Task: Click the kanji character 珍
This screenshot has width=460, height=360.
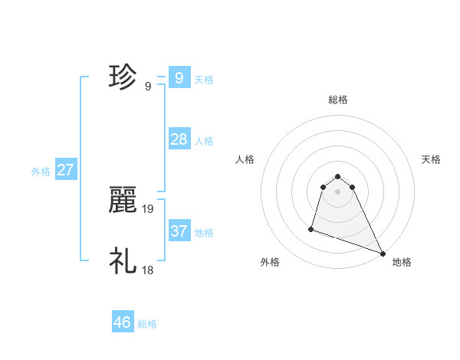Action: (123, 77)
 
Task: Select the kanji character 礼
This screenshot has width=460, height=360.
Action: (123, 261)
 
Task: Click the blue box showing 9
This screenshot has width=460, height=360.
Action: (179, 78)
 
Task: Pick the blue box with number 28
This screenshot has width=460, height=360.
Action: (179, 139)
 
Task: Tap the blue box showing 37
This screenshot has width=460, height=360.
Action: (179, 231)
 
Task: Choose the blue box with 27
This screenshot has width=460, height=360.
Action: (65, 170)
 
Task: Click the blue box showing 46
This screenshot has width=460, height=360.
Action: (122, 322)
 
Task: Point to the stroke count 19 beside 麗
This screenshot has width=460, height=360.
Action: (148, 208)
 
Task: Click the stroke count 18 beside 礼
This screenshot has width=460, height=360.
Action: (148, 270)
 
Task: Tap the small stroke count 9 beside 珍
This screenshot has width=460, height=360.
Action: (147, 86)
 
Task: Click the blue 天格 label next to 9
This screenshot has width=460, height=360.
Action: (204, 79)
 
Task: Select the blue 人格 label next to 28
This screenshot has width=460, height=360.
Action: (204, 140)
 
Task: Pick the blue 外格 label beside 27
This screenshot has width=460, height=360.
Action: (41, 172)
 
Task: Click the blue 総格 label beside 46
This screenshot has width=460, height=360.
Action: (147, 324)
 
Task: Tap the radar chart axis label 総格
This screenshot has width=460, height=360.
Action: (338, 100)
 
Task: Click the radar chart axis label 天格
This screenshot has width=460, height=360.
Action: (432, 159)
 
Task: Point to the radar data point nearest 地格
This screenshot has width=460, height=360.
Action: (383, 253)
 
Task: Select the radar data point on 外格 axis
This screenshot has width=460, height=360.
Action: (311, 228)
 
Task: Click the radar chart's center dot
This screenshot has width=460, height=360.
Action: (338, 191)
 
